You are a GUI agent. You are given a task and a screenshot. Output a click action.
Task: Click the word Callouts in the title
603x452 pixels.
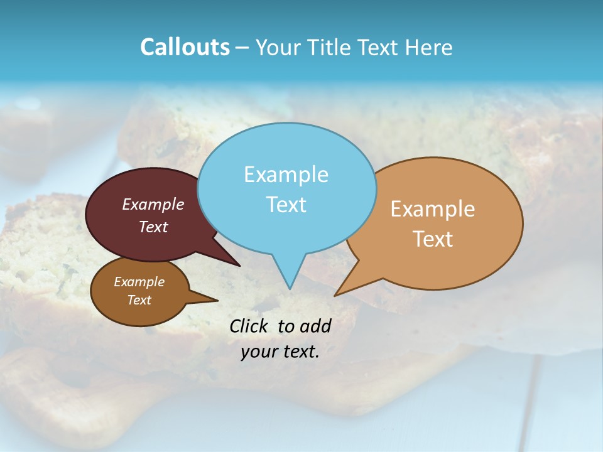click(185, 47)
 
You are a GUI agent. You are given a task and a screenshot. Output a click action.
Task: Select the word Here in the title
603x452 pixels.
click(430, 47)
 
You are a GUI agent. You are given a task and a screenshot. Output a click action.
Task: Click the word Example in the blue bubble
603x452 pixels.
click(286, 175)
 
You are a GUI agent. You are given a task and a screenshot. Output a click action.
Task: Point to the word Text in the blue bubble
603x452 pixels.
click(286, 205)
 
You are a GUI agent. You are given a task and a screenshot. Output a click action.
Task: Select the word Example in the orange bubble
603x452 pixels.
click(433, 209)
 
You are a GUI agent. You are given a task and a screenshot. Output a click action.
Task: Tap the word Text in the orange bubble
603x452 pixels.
click(433, 239)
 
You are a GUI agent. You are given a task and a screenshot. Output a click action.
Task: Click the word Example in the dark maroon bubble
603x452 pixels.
click(153, 204)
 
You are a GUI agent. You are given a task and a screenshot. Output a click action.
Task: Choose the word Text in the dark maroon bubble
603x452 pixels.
click(153, 227)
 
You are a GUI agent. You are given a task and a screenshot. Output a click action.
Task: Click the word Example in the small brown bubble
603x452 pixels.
click(139, 282)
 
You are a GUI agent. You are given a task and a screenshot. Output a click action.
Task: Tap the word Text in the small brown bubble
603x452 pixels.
click(139, 300)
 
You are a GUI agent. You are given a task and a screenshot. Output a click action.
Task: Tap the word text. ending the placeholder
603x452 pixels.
click(300, 352)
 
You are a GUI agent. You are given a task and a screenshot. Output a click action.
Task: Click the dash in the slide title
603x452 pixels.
click(243, 48)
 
